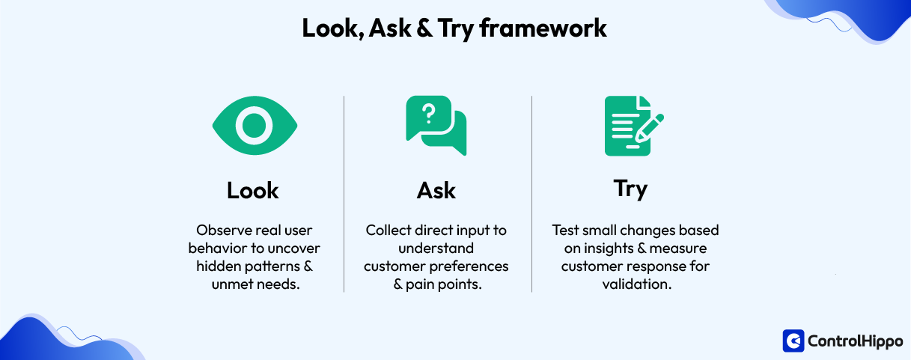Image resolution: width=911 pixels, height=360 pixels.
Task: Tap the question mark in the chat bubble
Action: (x=428, y=115)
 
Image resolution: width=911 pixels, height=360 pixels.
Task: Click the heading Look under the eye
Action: (x=253, y=191)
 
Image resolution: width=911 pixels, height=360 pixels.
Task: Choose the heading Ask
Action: (x=436, y=191)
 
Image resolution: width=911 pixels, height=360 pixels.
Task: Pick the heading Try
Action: (x=630, y=189)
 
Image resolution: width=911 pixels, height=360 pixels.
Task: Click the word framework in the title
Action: (x=543, y=28)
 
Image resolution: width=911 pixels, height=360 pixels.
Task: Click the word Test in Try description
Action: (x=565, y=230)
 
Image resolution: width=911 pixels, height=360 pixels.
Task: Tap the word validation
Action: (x=636, y=284)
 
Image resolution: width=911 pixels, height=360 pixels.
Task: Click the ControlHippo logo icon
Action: (x=793, y=341)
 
